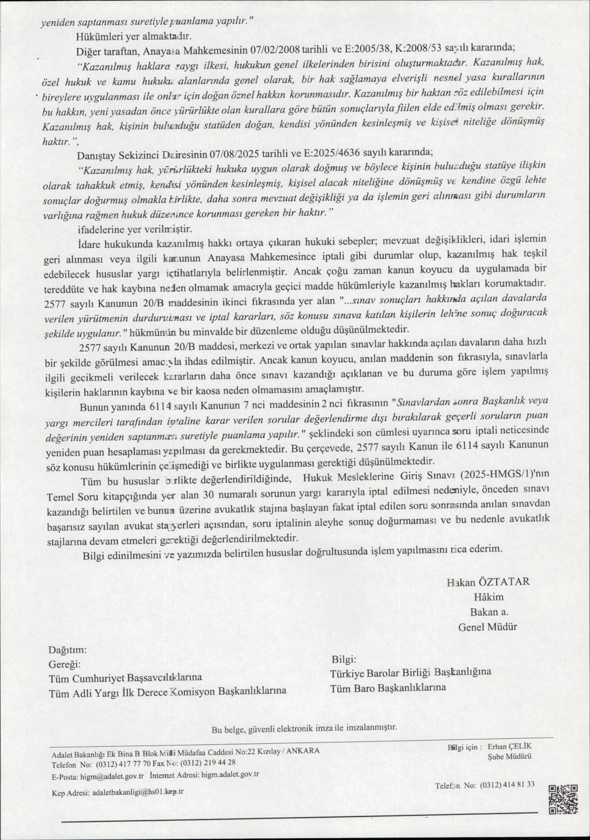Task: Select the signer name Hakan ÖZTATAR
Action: (x=488, y=582)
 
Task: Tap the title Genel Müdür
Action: (x=487, y=627)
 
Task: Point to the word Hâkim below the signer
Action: (x=488, y=597)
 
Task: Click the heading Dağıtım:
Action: (x=67, y=650)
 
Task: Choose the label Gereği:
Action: (x=64, y=664)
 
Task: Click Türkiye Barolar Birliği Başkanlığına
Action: (x=411, y=672)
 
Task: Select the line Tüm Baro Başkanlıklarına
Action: (x=388, y=687)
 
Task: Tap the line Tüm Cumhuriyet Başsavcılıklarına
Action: (x=125, y=678)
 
